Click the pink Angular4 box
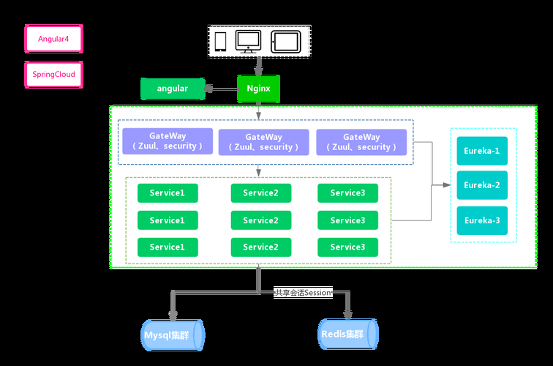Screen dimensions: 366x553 (x=53, y=39)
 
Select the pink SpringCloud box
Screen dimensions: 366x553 (x=53, y=75)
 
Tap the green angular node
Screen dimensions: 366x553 (x=172, y=89)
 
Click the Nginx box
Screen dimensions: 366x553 (x=258, y=89)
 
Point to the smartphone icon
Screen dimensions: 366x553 (x=220, y=42)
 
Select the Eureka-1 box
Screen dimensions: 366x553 (x=482, y=151)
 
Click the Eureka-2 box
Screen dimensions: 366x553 (x=482, y=185)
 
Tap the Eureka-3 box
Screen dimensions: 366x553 (x=482, y=220)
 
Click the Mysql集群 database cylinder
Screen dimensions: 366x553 (x=173, y=335)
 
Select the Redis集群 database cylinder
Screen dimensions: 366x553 (x=347, y=334)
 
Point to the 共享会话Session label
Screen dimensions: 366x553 (x=303, y=292)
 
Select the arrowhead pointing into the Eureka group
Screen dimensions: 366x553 (x=446, y=185)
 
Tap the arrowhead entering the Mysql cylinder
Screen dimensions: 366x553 (x=173, y=315)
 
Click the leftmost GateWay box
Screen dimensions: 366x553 (x=168, y=141)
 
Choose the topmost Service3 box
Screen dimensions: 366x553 (x=347, y=193)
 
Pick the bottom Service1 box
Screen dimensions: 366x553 (x=168, y=247)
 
